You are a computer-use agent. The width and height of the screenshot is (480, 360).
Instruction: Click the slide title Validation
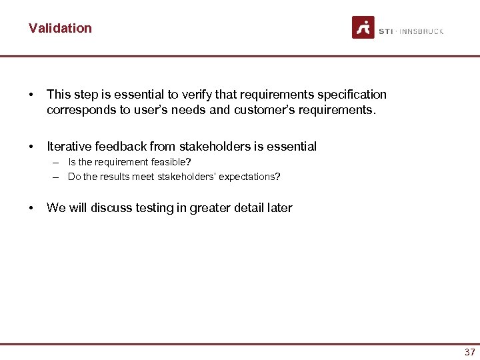(x=60, y=28)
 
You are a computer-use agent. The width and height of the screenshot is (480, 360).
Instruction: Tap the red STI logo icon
(x=363, y=28)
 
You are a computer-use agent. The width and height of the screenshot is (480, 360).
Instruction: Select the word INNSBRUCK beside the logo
(x=421, y=31)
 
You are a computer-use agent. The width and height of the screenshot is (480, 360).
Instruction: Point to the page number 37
(x=469, y=352)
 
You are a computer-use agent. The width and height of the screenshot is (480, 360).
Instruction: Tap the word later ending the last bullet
(x=279, y=208)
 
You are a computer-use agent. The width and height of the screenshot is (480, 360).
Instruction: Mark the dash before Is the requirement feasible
(x=53, y=163)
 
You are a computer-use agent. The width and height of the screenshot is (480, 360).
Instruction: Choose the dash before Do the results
(x=53, y=177)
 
